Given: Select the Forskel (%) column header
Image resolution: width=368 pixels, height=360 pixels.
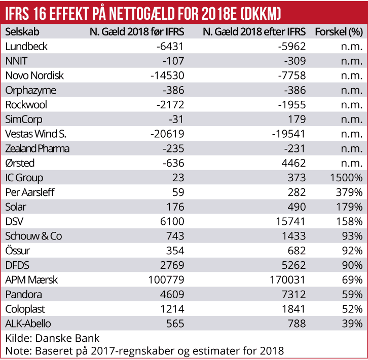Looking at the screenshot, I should pyautogui.click(x=339, y=31).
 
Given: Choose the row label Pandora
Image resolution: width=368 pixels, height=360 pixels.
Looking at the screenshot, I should pyautogui.click(x=23, y=294).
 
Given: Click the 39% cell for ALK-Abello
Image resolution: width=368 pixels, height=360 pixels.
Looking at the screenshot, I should pyautogui.click(x=351, y=324).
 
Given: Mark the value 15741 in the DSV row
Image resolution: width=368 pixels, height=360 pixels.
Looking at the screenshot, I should pyautogui.click(x=291, y=221).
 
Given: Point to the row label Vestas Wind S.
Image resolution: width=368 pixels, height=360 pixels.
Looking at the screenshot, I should pyautogui.click(x=35, y=134).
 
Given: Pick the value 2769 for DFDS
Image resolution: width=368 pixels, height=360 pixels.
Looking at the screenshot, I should pyautogui.click(x=170, y=265).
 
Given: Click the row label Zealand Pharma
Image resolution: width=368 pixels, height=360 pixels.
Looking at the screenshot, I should pyautogui.click(x=38, y=149).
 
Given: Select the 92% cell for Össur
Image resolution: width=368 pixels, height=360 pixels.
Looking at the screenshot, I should pyautogui.click(x=351, y=251).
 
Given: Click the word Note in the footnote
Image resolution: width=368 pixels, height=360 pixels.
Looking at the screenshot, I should pyautogui.click(x=16, y=351).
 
